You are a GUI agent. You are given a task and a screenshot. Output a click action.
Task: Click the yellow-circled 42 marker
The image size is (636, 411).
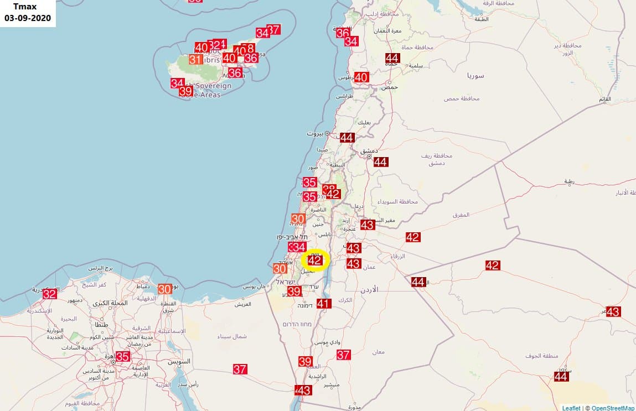coord(315,260)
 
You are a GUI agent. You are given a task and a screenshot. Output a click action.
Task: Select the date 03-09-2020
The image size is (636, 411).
coord(28,18)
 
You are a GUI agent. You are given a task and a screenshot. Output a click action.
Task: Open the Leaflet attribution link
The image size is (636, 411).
coord(571,408)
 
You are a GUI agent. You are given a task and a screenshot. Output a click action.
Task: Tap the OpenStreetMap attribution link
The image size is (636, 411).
coord(613,408)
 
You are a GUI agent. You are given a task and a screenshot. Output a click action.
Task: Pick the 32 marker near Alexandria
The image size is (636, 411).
coord(50,294)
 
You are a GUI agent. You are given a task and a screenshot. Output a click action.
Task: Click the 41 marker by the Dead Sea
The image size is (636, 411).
coord(324,303)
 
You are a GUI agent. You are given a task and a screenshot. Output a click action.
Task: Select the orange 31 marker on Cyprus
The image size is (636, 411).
coord(195,59)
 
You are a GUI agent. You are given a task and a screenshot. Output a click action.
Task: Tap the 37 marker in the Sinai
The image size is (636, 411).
coord(240,369)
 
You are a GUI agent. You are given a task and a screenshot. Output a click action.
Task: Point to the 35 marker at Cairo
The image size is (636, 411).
coord(122,356)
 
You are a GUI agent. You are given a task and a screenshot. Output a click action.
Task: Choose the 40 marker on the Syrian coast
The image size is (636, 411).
coord(361,77)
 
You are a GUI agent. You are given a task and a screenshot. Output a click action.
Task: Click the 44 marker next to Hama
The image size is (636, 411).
coord(392,58)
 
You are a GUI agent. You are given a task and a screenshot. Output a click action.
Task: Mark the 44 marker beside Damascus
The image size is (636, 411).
coord(380,162)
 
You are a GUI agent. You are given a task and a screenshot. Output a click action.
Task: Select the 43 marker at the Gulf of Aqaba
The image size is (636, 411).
coord(304,390)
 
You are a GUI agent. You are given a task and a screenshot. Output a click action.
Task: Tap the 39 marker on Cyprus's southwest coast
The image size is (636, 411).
coord(185,91)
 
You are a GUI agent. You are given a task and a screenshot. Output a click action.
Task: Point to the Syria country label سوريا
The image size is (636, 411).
coord(475,75)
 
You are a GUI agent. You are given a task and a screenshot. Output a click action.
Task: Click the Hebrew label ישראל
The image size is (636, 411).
coord(288,282)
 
